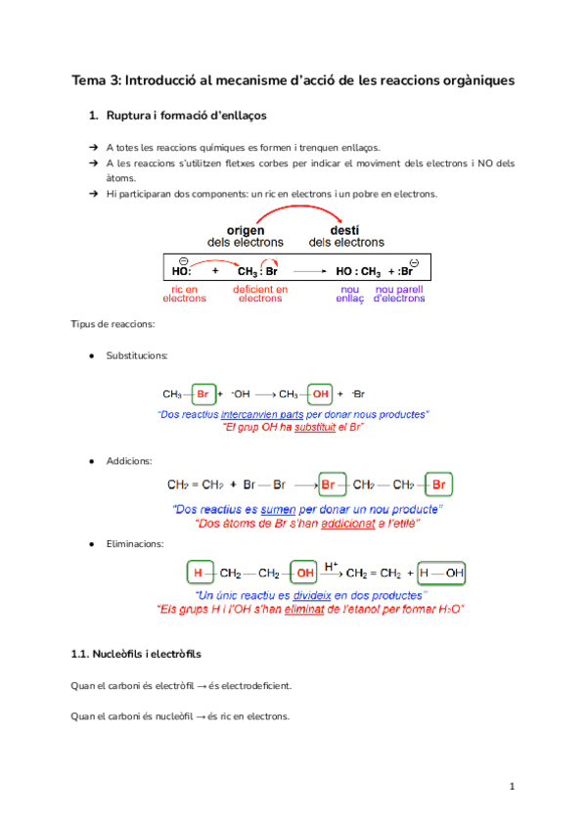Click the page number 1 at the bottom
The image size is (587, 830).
pyautogui.click(x=512, y=786)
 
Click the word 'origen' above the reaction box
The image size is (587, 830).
pyautogui.click(x=246, y=231)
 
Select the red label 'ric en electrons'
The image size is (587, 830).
pyautogui.click(x=184, y=294)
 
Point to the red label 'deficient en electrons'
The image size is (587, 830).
pyautogui.click(x=260, y=294)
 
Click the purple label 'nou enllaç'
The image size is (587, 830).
pyautogui.click(x=349, y=294)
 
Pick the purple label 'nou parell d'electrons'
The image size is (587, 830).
pyautogui.click(x=399, y=294)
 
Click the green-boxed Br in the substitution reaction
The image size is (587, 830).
pyautogui.click(x=203, y=394)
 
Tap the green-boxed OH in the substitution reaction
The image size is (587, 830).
pyautogui.click(x=321, y=394)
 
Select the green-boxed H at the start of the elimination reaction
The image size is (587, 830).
pyautogui.click(x=199, y=572)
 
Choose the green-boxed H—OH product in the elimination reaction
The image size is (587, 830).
pyautogui.click(x=442, y=572)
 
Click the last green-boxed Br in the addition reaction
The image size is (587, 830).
pyautogui.click(x=440, y=484)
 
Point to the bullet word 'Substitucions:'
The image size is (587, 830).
pyautogui.click(x=137, y=354)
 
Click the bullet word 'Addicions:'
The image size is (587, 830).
pyautogui.click(x=128, y=459)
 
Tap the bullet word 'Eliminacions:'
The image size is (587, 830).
pyautogui.click(x=135, y=542)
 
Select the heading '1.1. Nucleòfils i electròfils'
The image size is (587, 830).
pyautogui.click(x=137, y=652)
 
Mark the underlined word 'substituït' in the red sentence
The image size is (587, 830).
pyautogui.click(x=301, y=428)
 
